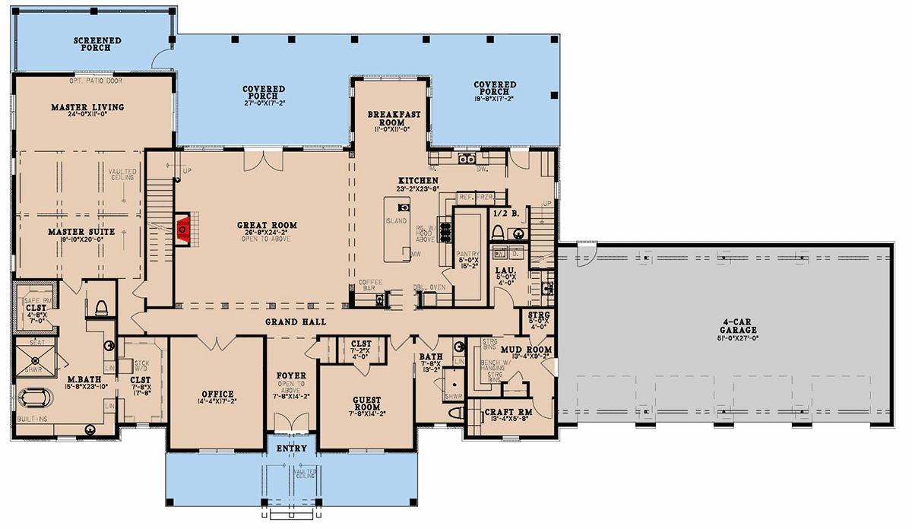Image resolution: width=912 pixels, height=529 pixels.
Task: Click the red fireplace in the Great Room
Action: click(x=182, y=228)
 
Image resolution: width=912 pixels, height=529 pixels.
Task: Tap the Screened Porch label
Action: click(x=92, y=43)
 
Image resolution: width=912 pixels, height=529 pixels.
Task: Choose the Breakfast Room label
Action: click(x=390, y=118)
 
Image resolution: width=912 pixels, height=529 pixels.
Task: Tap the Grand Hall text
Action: click(x=296, y=322)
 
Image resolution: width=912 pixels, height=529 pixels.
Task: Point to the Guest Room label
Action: click(x=366, y=402)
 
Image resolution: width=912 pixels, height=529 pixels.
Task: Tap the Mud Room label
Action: click(x=531, y=350)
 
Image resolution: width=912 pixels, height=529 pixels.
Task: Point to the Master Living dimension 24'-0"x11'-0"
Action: click(x=87, y=116)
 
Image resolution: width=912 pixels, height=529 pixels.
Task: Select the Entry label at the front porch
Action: click(x=291, y=448)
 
